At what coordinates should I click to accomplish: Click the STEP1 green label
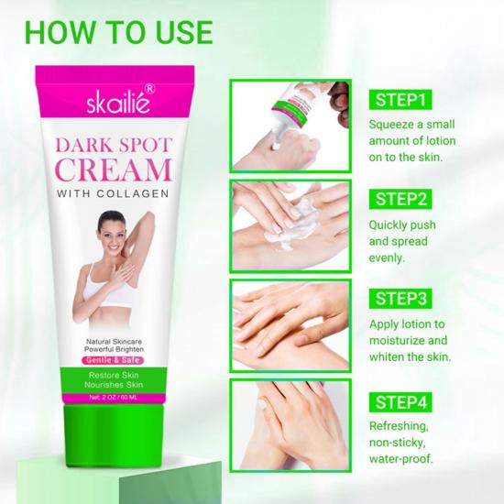400,100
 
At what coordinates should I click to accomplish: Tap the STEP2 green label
400,199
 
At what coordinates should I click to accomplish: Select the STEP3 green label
400,299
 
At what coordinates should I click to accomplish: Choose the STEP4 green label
400,402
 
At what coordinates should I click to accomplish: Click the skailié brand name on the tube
118,103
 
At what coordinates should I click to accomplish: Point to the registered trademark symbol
150,88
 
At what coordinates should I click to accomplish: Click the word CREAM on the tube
114,170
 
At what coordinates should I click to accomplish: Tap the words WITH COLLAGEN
113,193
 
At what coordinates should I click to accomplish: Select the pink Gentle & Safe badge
113,360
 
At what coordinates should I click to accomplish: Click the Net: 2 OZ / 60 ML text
114,398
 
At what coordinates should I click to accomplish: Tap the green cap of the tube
114,435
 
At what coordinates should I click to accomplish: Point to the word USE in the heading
184,32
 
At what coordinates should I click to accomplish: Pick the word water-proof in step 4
400,459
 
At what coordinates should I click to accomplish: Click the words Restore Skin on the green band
114,375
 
